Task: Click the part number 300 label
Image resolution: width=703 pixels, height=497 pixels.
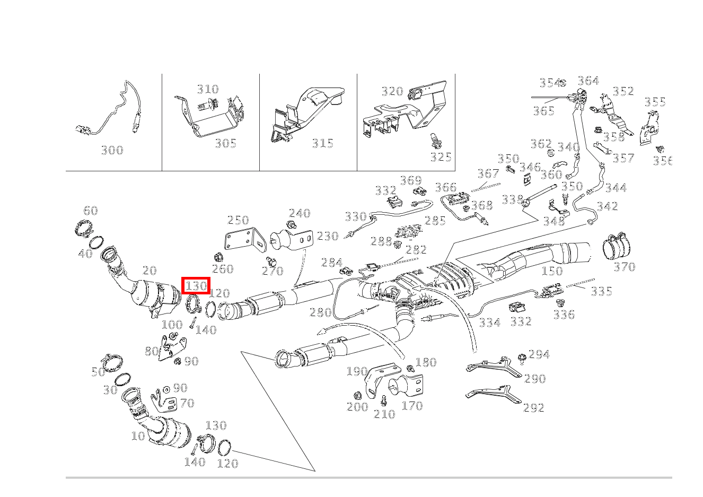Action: tap(112, 151)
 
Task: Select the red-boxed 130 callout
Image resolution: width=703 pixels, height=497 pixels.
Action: tap(196, 286)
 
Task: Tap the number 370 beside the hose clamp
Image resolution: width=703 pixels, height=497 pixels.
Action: tap(624, 267)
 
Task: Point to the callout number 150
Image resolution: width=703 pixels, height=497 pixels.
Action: tap(552, 271)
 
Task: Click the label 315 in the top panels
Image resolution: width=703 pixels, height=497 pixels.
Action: tap(322, 143)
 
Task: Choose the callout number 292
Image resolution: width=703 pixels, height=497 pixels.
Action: tap(534, 408)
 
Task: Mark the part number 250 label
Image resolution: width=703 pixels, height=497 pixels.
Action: tap(238, 221)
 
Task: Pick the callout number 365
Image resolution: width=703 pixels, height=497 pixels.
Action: tap(543, 111)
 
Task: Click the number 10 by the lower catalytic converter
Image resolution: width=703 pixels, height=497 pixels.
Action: tap(138, 436)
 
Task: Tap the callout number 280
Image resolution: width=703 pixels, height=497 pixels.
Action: tap(320, 312)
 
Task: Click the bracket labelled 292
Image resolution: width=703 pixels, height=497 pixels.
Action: tap(493, 395)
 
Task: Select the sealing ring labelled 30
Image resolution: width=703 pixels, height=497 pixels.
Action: tap(122, 380)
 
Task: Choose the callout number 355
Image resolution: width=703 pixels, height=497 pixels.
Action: tap(655, 102)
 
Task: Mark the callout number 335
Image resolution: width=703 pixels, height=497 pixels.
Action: tap(601, 291)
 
